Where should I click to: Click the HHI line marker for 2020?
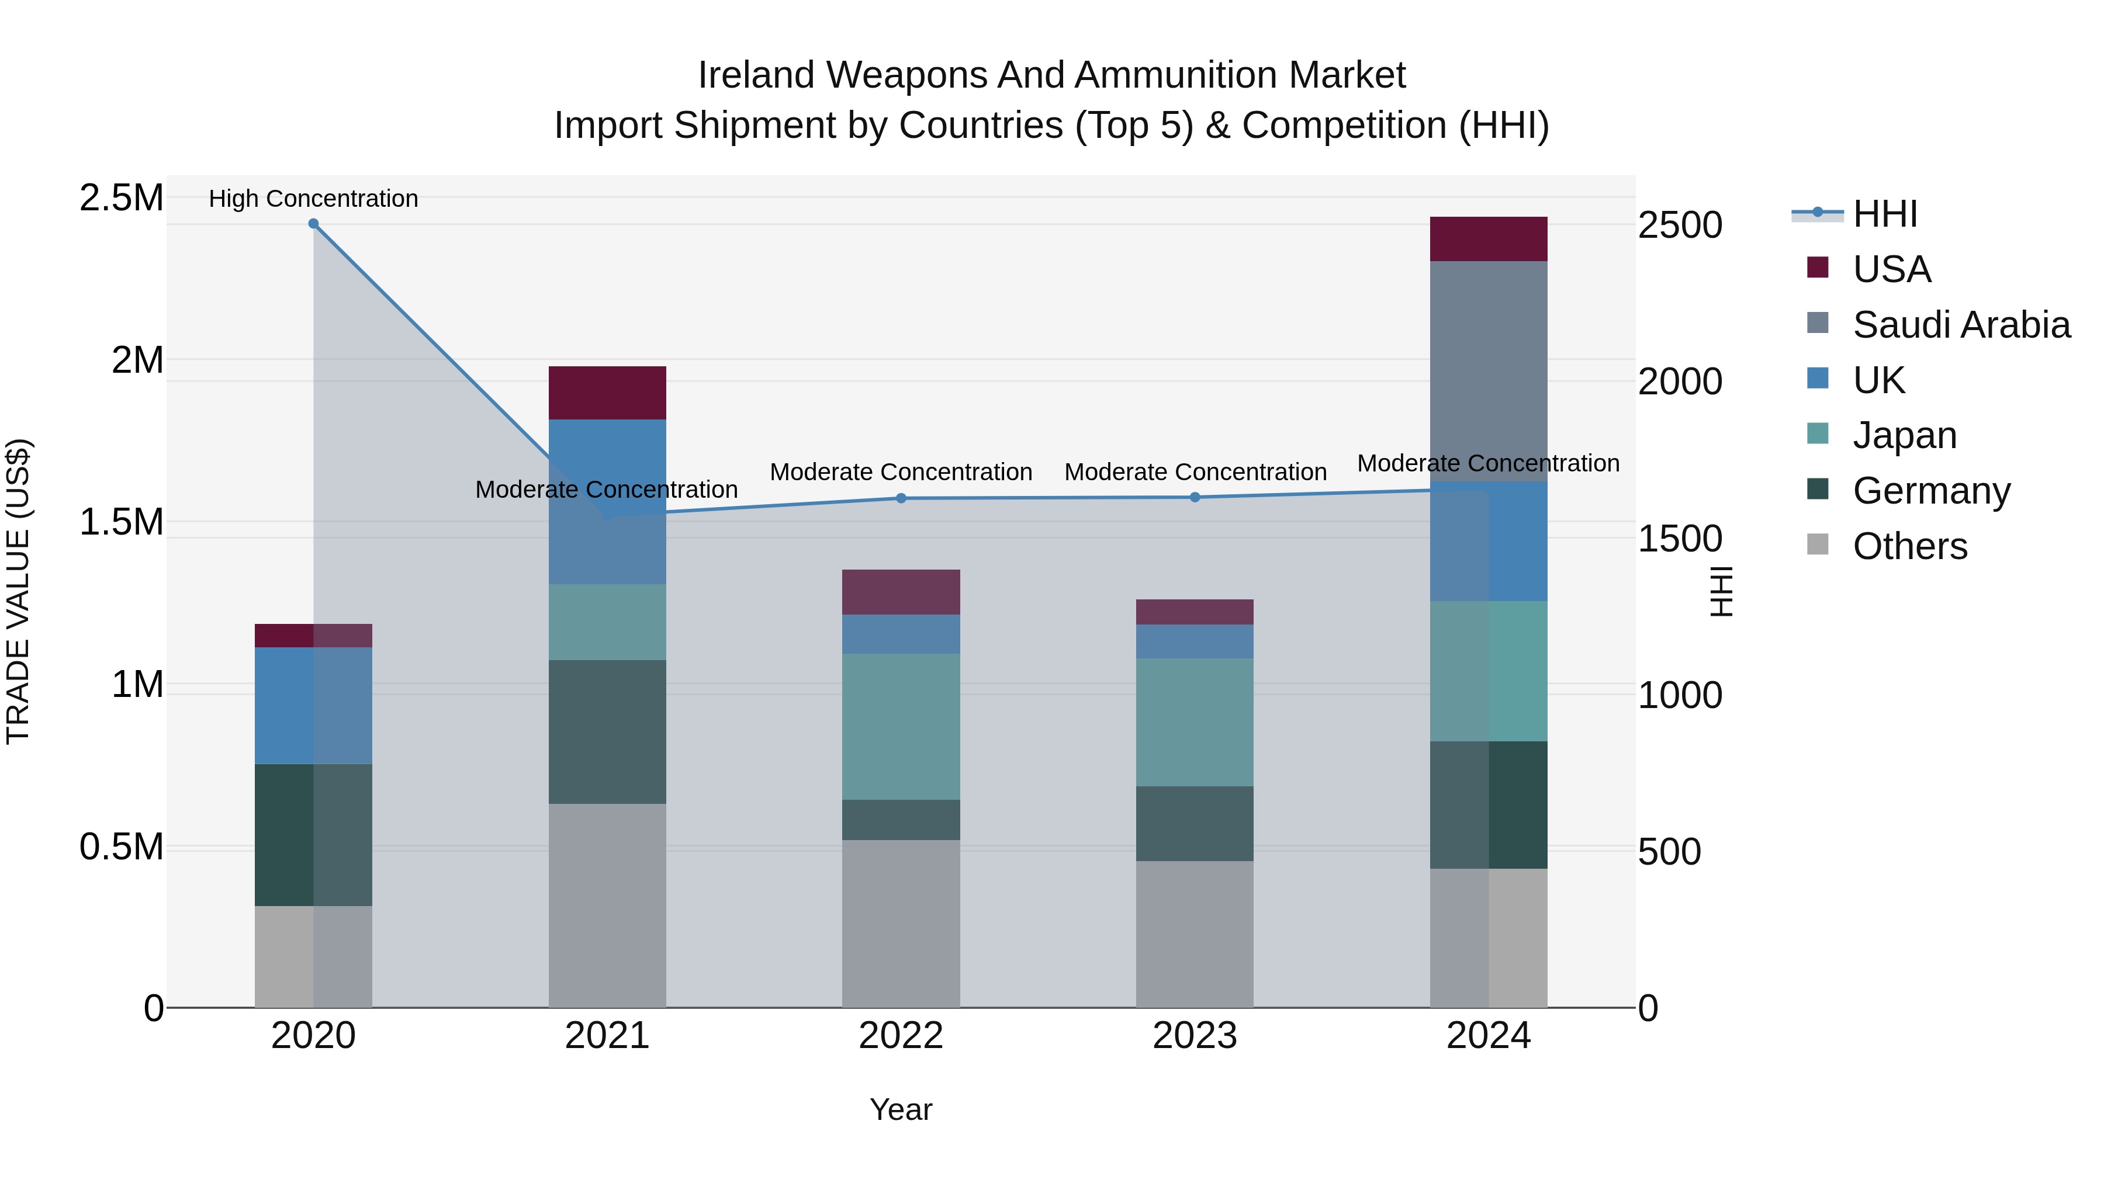tap(314, 224)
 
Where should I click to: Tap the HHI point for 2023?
tap(1195, 497)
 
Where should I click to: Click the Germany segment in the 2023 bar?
tap(1195, 823)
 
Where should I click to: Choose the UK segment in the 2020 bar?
tap(314, 705)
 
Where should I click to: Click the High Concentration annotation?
tap(314, 199)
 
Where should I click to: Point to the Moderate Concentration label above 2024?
tap(1488, 463)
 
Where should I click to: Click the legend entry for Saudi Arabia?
tap(1960, 325)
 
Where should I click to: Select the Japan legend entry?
tap(1904, 435)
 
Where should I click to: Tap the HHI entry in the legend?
tap(1884, 214)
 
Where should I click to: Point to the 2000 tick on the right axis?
tap(1680, 381)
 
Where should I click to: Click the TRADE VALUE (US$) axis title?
tap(18, 591)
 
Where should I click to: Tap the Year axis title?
tap(901, 1109)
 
